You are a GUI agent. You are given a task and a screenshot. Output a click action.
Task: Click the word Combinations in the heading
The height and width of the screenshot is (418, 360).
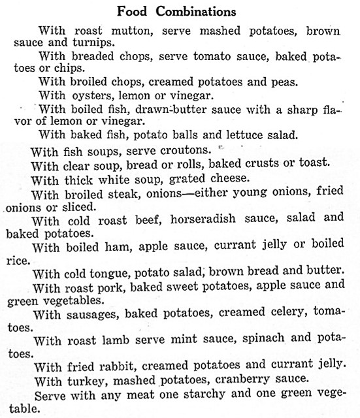pyautogui.click(x=195, y=11)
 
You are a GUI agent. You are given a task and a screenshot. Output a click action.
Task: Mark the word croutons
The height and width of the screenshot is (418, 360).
pyautogui.click(x=175, y=152)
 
